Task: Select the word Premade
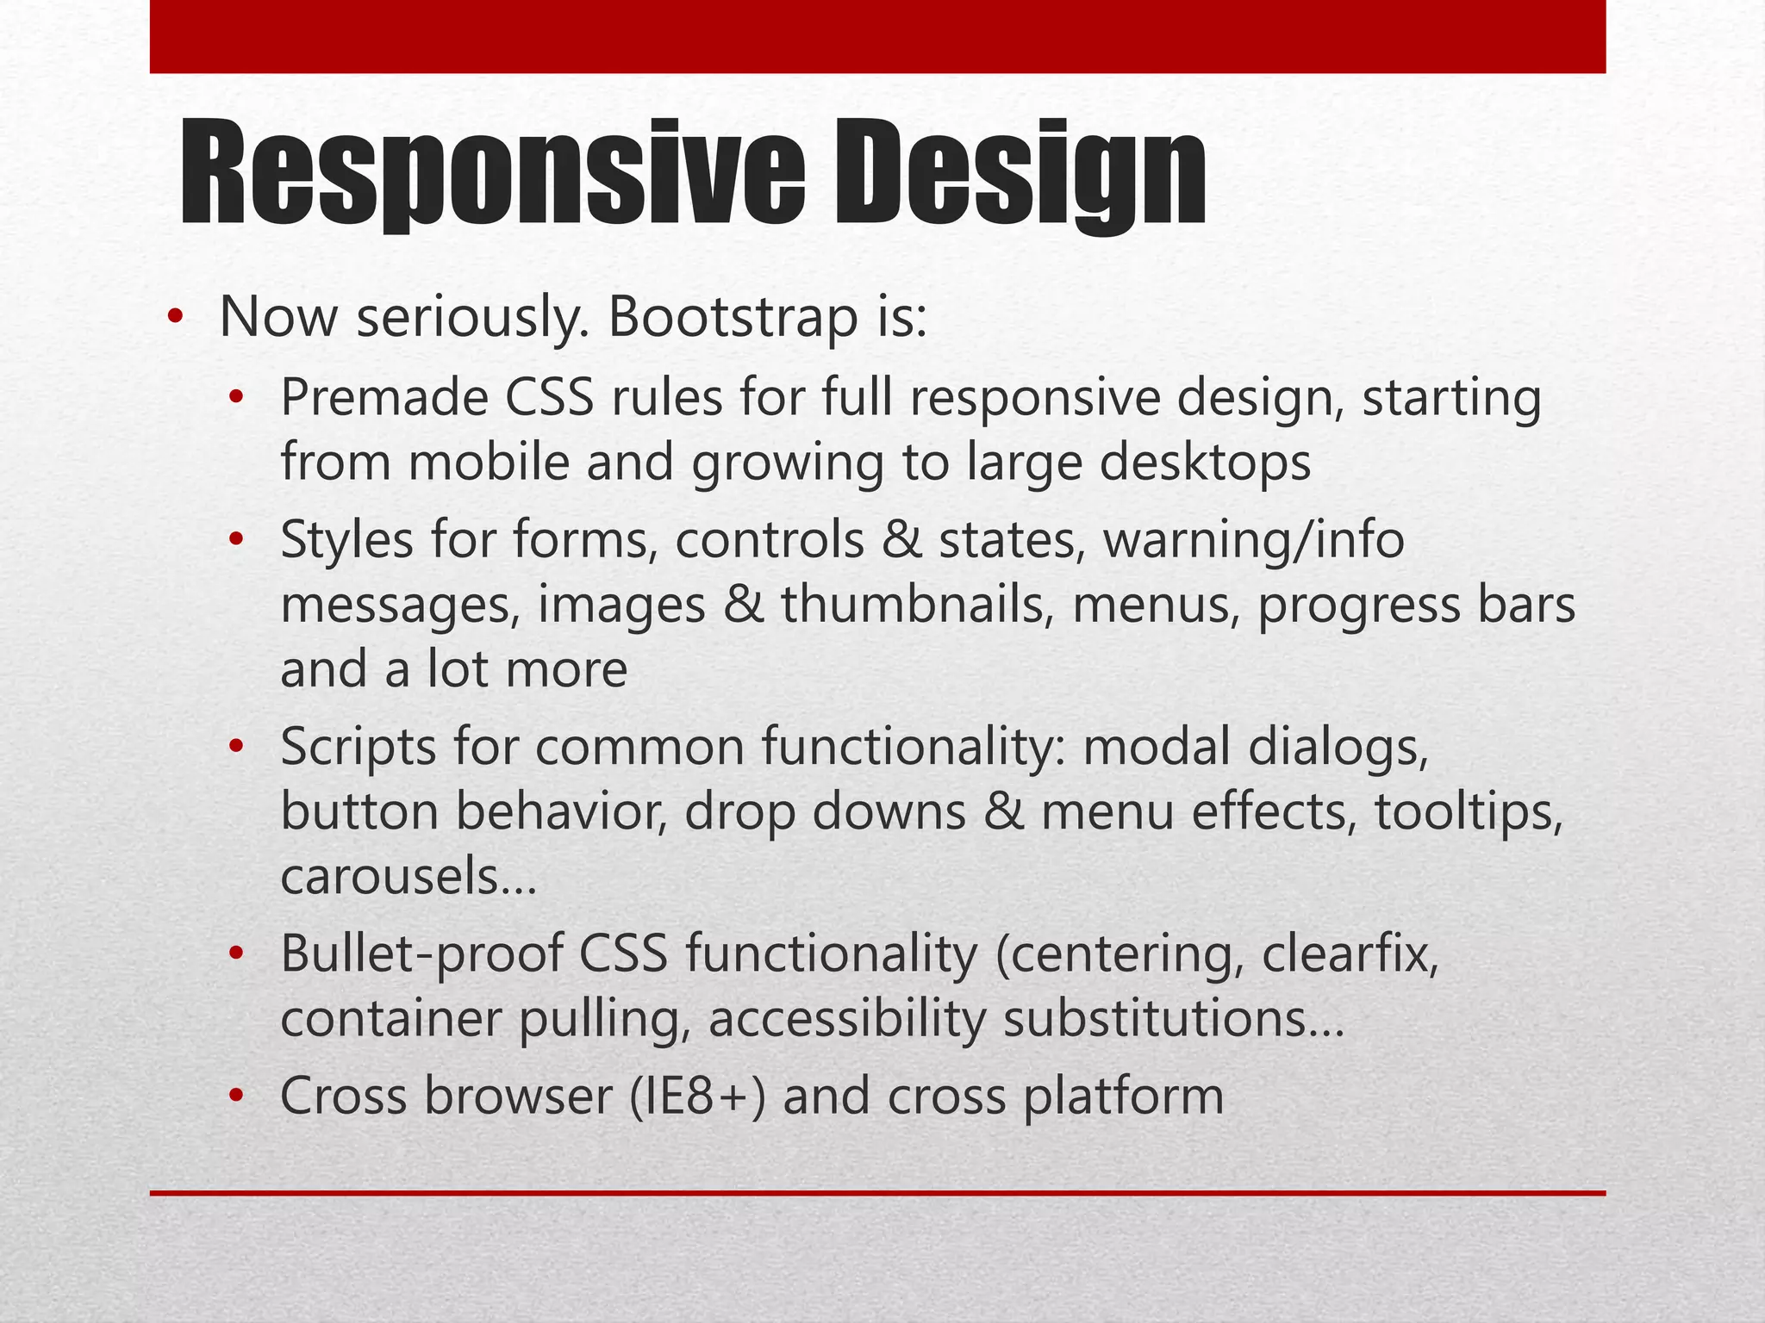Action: pos(384,399)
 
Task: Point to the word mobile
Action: pos(489,463)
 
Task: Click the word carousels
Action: pos(409,878)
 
